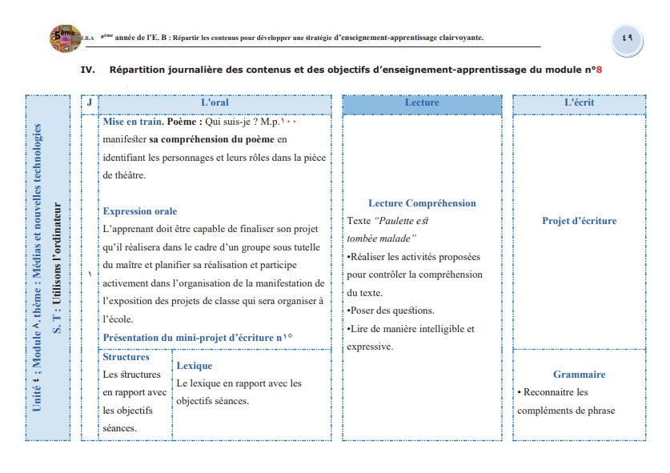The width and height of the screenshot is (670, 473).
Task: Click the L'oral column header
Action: tap(214, 103)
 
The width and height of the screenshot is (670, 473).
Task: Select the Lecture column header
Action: tap(422, 103)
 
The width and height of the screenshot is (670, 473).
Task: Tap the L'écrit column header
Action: tap(579, 103)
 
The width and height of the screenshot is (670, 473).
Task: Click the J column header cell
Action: tap(89, 103)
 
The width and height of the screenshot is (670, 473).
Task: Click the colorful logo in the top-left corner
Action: tap(64, 37)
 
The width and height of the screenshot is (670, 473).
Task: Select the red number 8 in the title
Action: tap(598, 70)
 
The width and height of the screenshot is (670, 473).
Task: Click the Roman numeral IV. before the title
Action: tap(88, 70)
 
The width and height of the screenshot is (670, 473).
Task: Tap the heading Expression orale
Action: tap(140, 211)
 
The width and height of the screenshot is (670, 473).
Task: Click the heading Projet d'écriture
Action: tap(579, 221)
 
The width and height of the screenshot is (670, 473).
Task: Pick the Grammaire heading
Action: tap(579, 375)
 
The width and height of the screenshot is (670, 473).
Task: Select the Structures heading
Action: tap(126, 357)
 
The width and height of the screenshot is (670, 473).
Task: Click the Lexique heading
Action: tap(194, 367)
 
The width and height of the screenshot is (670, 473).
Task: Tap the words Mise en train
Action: tap(133, 122)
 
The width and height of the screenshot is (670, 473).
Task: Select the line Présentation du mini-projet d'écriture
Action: tap(192, 338)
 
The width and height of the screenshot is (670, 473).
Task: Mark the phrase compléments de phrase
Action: tap(566, 411)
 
